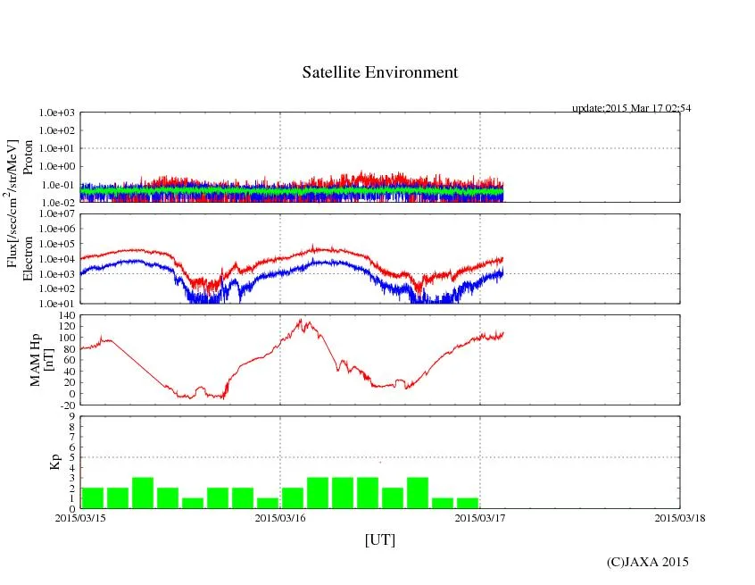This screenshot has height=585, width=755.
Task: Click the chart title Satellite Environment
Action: [x=380, y=72]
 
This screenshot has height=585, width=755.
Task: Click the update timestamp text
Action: [x=631, y=108]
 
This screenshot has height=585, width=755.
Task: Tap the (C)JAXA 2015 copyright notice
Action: [x=647, y=562]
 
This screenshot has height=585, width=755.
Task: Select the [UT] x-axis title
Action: [x=379, y=539]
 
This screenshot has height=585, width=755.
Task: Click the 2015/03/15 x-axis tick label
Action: [x=80, y=517]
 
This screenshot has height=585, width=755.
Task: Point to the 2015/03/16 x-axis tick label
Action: [x=280, y=517]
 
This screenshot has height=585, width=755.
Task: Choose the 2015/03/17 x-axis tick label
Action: [x=480, y=517]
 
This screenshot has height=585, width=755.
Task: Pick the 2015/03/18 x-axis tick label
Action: [x=680, y=517]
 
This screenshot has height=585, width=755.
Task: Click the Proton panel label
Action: [x=28, y=157]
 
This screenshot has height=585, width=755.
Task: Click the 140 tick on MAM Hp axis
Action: [x=65, y=315]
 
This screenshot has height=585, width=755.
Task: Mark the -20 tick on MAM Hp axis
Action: [x=65, y=405]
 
